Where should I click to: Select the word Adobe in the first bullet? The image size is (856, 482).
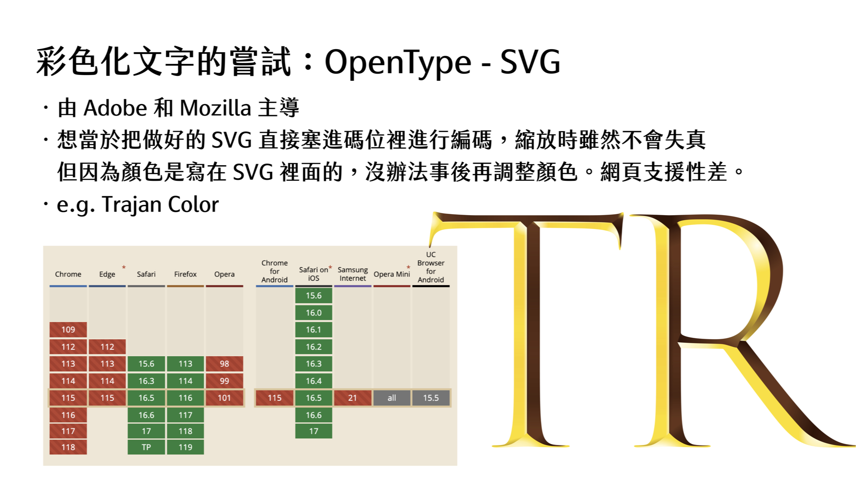click(115, 108)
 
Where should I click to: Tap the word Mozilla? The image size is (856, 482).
click(215, 108)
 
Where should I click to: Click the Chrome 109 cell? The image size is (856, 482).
click(68, 330)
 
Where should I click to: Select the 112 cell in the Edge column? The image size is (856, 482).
click(107, 347)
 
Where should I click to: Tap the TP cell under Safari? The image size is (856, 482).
click(146, 447)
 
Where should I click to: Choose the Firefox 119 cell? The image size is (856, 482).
click(185, 447)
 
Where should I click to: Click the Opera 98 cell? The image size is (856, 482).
click(224, 364)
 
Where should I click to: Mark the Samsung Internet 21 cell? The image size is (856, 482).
click(353, 398)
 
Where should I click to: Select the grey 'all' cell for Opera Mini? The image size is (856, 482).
click(392, 398)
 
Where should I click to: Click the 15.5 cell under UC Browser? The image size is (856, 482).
click(431, 398)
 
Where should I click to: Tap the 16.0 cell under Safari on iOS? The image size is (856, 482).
click(313, 313)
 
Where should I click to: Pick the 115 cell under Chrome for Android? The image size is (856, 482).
click(275, 398)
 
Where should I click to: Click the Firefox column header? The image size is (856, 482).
click(185, 274)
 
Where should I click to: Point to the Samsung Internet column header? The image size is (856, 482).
click(353, 274)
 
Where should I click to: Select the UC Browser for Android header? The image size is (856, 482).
click(431, 267)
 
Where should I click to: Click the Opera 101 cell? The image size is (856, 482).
click(224, 398)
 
